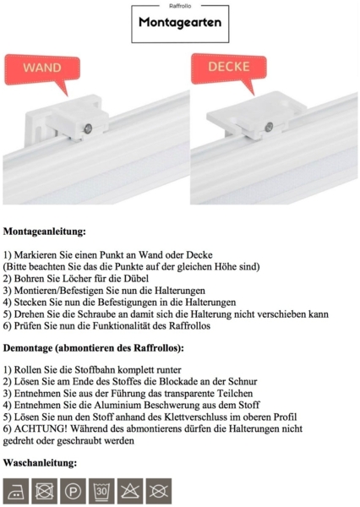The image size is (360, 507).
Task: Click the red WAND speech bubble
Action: tap(41, 68)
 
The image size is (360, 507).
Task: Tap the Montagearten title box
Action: tap(180, 24)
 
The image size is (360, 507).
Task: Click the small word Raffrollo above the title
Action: tap(180, 6)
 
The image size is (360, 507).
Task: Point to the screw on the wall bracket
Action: tap(89, 128)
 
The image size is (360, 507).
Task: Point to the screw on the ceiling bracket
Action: tap(268, 127)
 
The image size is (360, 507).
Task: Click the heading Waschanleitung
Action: tap(41, 463)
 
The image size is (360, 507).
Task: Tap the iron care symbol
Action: tap(17, 490)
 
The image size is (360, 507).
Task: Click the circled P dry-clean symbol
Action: tap(74, 490)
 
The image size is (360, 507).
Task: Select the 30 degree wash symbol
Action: tap(102, 490)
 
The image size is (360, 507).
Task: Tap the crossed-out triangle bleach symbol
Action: tap(130, 490)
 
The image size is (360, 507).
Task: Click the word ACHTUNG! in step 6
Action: tap(41, 428)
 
